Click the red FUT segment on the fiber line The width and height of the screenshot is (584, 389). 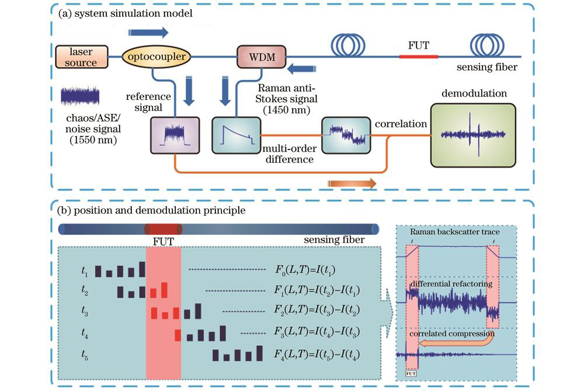(x=418, y=57)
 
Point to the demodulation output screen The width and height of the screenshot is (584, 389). (x=473, y=134)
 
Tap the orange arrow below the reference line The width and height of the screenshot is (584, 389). (x=352, y=183)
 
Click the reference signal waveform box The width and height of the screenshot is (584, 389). (x=175, y=135)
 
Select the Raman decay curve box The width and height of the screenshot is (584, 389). (x=235, y=135)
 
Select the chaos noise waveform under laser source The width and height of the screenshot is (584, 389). (x=80, y=96)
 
